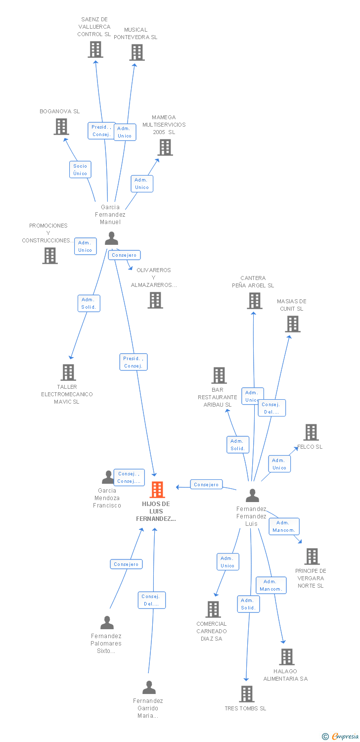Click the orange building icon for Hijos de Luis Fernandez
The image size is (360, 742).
click(x=157, y=490)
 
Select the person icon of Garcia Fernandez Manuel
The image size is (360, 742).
click(x=111, y=238)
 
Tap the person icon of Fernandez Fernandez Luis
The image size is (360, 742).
click(x=252, y=495)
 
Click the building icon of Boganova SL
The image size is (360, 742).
click(x=61, y=127)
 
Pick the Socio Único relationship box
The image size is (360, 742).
click(x=80, y=170)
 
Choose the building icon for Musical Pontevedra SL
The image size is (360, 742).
click(x=137, y=52)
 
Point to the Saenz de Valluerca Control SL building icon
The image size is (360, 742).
click(x=95, y=49)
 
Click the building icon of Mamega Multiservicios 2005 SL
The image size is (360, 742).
click(x=165, y=147)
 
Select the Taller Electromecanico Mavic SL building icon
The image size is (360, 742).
click(x=68, y=372)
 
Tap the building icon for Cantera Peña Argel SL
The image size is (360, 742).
click(x=255, y=301)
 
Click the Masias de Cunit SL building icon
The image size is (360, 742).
click(x=293, y=324)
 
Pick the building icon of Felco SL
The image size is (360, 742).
click(x=311, y=432)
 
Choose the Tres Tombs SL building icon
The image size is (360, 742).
click(x=247, y=694)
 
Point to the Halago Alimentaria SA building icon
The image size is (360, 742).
click(x=287, y=657)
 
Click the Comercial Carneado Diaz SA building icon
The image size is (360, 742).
click(x=213, y=609)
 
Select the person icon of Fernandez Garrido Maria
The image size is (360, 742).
click(x=149, y=688)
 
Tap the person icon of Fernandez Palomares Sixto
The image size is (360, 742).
click(x=107, y=623)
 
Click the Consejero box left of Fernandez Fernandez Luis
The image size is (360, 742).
click(x=206, y=485)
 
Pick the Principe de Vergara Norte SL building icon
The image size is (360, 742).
click(x=312, y=556)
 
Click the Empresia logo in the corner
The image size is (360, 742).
click(x=341, y=737)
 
